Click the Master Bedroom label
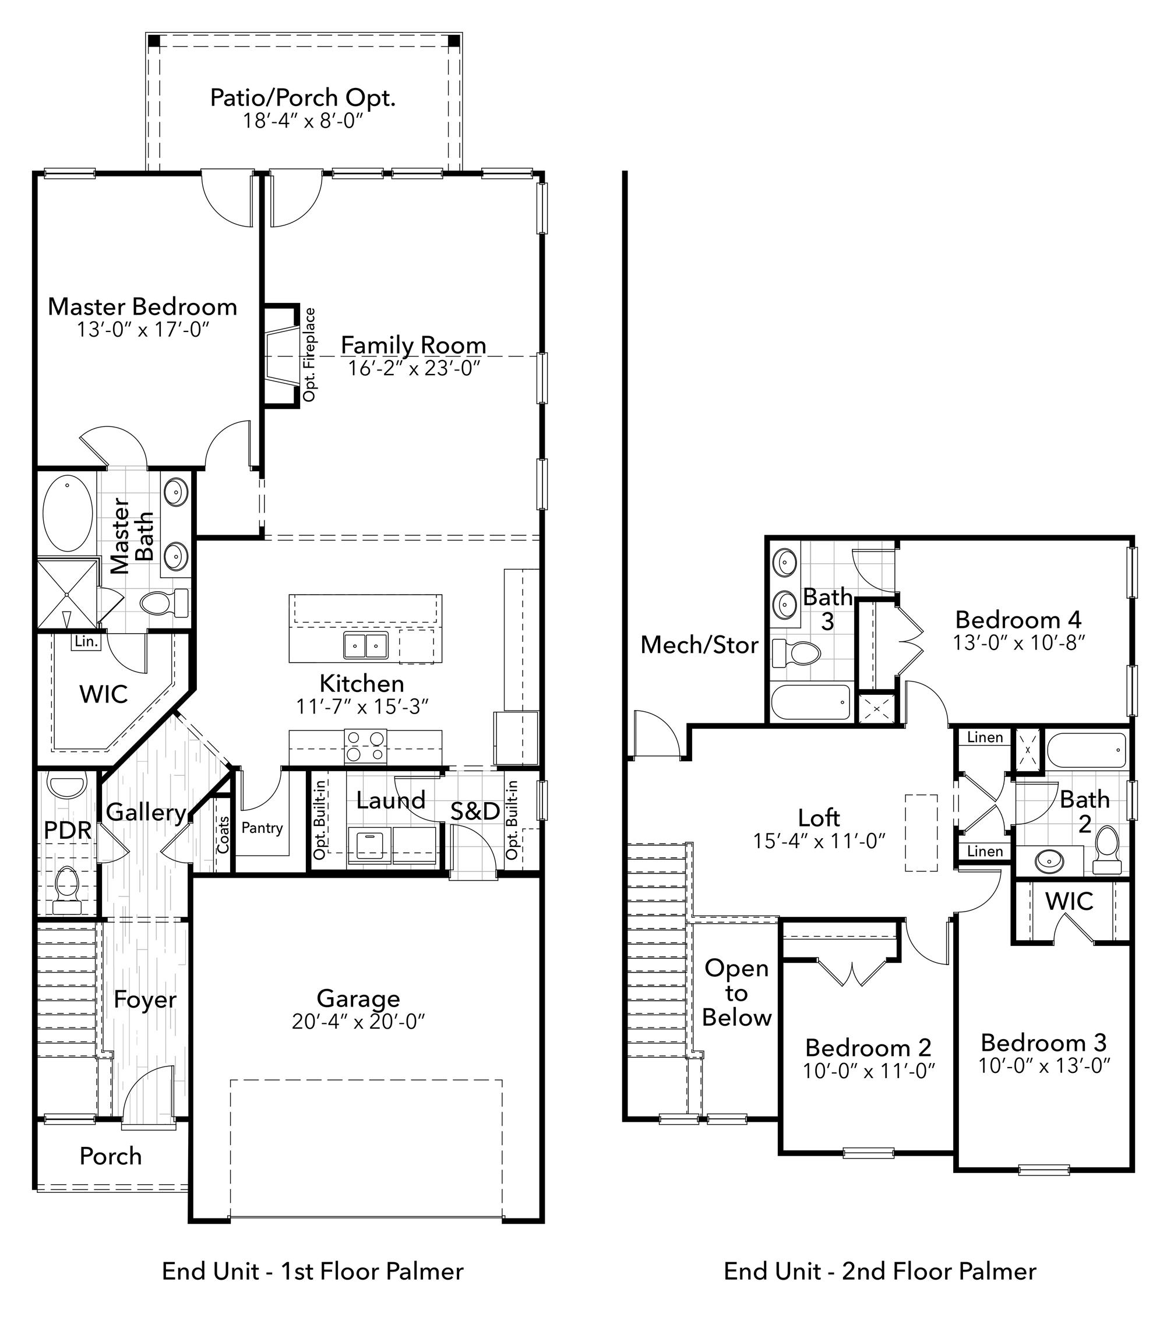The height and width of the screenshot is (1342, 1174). point(142,306)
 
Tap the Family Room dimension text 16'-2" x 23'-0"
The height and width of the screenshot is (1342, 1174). point(414,368)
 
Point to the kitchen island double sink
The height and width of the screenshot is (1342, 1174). point(365,645)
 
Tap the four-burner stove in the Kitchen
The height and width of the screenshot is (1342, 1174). point(365,746)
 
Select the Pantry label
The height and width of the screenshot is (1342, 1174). point(262,828)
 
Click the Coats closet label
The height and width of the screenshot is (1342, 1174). point(223,835)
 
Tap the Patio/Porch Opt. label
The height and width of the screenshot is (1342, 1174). point(302,98)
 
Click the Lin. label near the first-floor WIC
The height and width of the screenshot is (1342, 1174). point(86,641)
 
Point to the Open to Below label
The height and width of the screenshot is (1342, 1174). point(736,993)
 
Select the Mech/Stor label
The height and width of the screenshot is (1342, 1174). point(699,645)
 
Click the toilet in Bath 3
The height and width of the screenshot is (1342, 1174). point(796,652)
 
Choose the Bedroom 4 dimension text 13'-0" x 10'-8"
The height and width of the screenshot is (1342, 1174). point(1019,642)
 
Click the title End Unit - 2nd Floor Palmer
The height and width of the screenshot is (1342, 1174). point(880,1272)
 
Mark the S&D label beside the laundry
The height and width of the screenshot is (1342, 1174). point(475,811)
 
